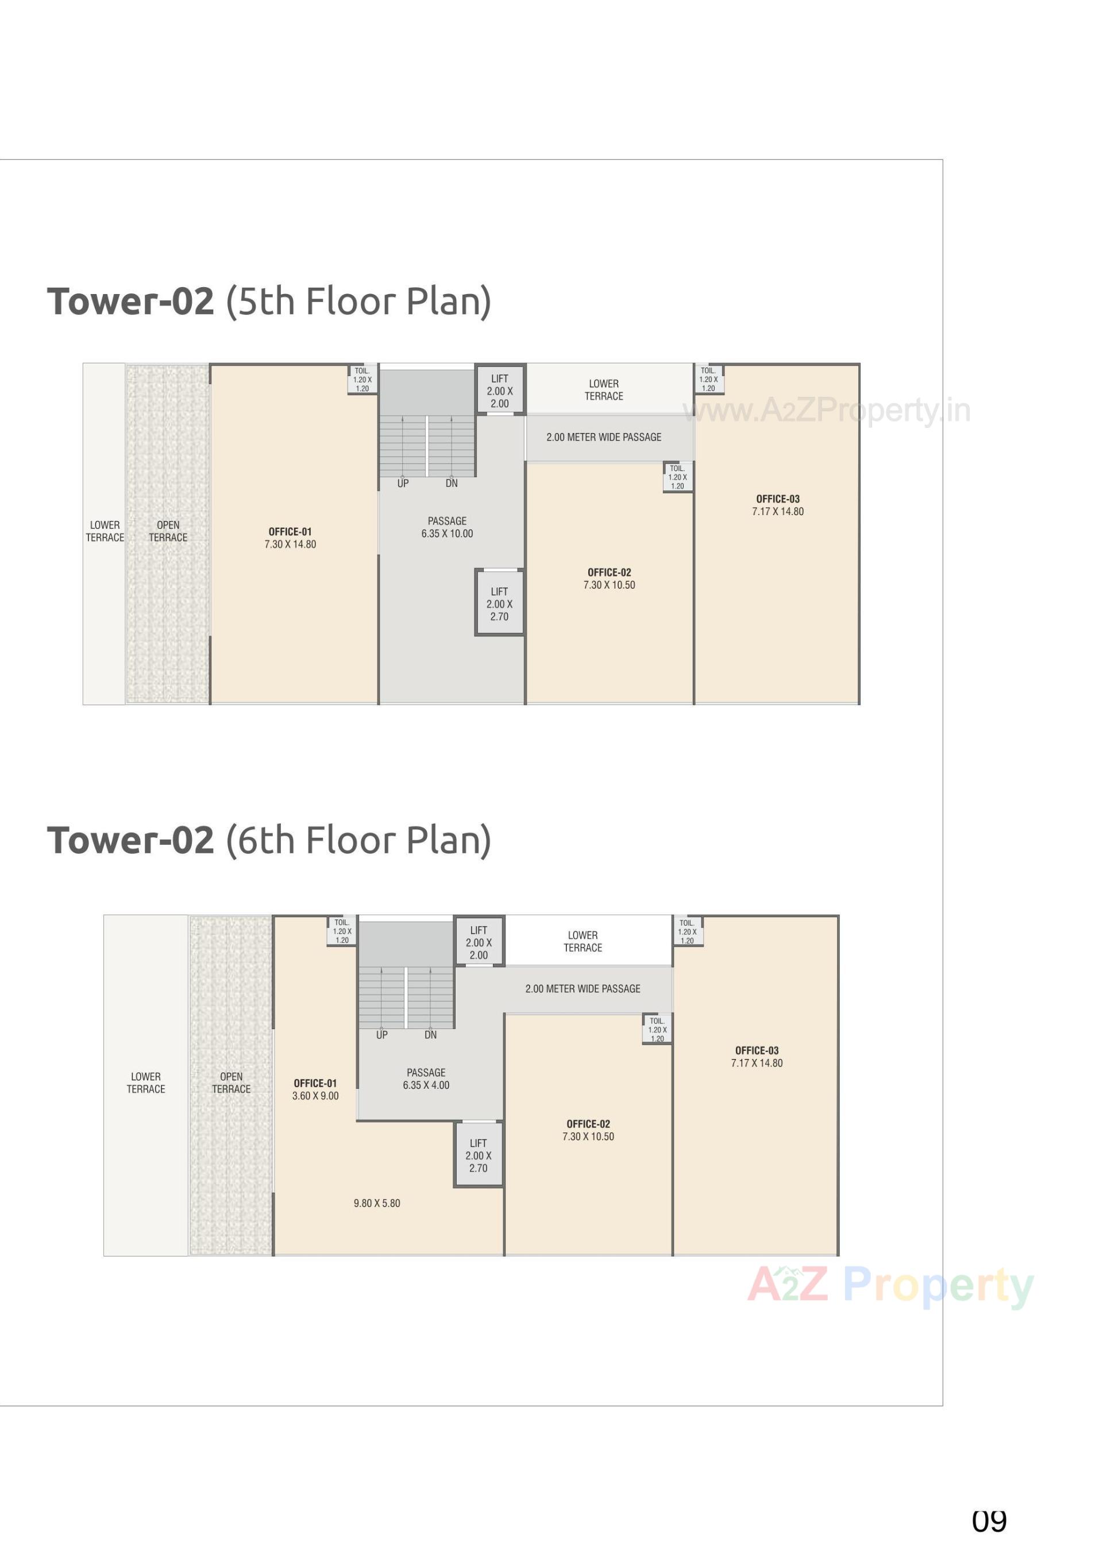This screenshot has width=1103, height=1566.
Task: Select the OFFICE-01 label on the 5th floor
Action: click(290, 531)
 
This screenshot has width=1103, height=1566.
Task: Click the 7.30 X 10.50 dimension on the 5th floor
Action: click(608, 585)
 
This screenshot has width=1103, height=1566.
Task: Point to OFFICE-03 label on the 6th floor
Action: click(757, 1050)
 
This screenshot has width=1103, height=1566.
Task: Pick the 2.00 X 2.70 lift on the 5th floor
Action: click(499, 604)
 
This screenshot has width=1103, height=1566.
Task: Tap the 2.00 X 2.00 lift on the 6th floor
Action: click(479, 942)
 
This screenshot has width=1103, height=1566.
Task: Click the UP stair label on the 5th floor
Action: click(403, 484)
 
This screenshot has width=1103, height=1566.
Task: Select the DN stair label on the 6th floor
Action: click(430, 1035)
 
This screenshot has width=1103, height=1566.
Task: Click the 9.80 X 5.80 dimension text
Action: click(376, 1203)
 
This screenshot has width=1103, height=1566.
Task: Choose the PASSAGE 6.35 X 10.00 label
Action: click(447, 527)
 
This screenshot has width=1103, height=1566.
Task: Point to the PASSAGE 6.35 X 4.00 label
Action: click(426, 1078)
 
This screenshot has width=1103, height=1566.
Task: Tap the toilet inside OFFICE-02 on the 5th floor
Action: click(677, 477)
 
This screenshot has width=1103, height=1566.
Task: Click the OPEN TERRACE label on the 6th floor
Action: click(232, 1082)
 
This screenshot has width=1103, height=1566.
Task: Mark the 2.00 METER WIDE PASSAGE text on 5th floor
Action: click(604, 437)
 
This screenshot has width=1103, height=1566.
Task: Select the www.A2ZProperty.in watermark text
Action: click(827, 411)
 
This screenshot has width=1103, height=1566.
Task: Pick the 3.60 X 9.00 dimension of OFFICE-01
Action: click(315, 1095)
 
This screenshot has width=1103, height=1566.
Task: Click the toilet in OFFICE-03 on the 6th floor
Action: click(687, 931)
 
